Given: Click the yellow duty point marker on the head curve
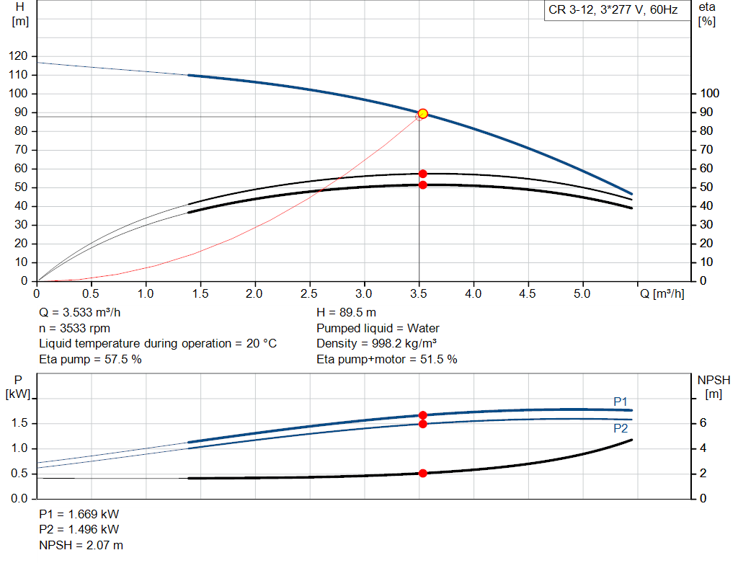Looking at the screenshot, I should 423,113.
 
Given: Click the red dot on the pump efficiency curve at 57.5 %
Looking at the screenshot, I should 423,174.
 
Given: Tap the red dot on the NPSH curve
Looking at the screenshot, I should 423,473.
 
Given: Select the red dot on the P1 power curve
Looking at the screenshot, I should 423,415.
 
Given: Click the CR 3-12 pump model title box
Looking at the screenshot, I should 613,11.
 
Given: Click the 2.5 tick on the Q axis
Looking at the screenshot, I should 310,294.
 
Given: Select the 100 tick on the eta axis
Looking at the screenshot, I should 710,94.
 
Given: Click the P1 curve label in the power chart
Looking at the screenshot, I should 621,402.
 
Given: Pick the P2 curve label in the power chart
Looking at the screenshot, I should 621,428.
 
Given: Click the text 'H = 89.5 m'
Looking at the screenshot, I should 346,313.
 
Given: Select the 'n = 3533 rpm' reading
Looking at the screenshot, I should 75,328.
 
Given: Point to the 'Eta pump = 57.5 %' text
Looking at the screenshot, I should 90,359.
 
